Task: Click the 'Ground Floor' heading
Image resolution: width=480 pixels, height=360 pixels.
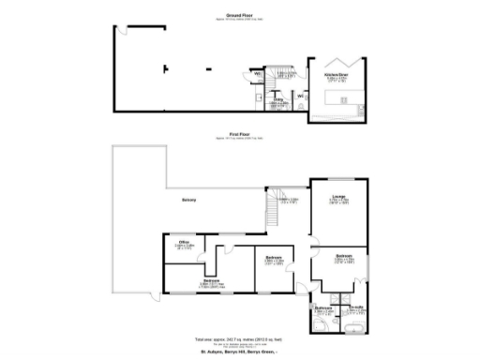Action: pos(239,15)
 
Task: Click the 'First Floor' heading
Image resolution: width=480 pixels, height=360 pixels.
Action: pos(239,134)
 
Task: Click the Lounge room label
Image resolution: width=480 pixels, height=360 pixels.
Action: pos(337,195)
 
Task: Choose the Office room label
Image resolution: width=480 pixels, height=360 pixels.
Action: pos(186,242)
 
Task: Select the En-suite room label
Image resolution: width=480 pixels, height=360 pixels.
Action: pos(356,307)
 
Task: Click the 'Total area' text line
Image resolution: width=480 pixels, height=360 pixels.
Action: pos(239,338)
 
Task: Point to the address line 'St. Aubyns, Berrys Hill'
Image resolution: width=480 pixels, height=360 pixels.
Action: pos(239,352)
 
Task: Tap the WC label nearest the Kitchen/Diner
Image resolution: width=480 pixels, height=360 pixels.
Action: pos(299,95)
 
